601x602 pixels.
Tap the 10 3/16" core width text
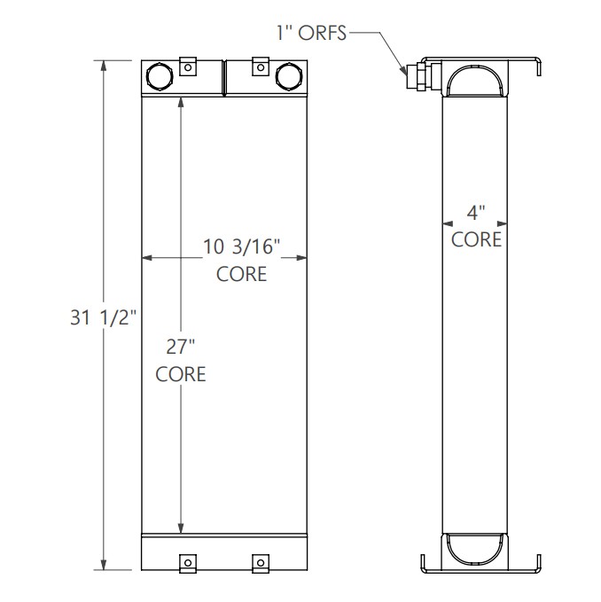[x=242, y=248]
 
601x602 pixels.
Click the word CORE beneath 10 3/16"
[x=242, y=273]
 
